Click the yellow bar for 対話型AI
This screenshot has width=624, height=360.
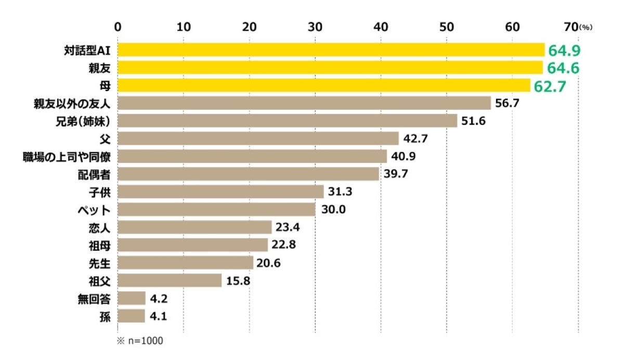(x=331, y=50)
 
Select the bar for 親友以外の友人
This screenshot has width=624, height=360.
(x=304, y=103)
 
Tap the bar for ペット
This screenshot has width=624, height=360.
(x=216, y=210)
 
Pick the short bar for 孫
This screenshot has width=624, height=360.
(x=131, y=316)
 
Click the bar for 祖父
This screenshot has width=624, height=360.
(x=170, y=280)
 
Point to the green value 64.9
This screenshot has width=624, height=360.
(x=564, y=50)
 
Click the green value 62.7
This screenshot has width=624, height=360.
(x=549, y=86)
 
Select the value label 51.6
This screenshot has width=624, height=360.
(x=474, y=121)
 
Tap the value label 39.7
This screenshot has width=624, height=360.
(x=396, y=174)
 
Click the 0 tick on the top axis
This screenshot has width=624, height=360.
(x=118, y=26)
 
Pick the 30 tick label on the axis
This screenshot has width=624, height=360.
(x=315, y=26)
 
